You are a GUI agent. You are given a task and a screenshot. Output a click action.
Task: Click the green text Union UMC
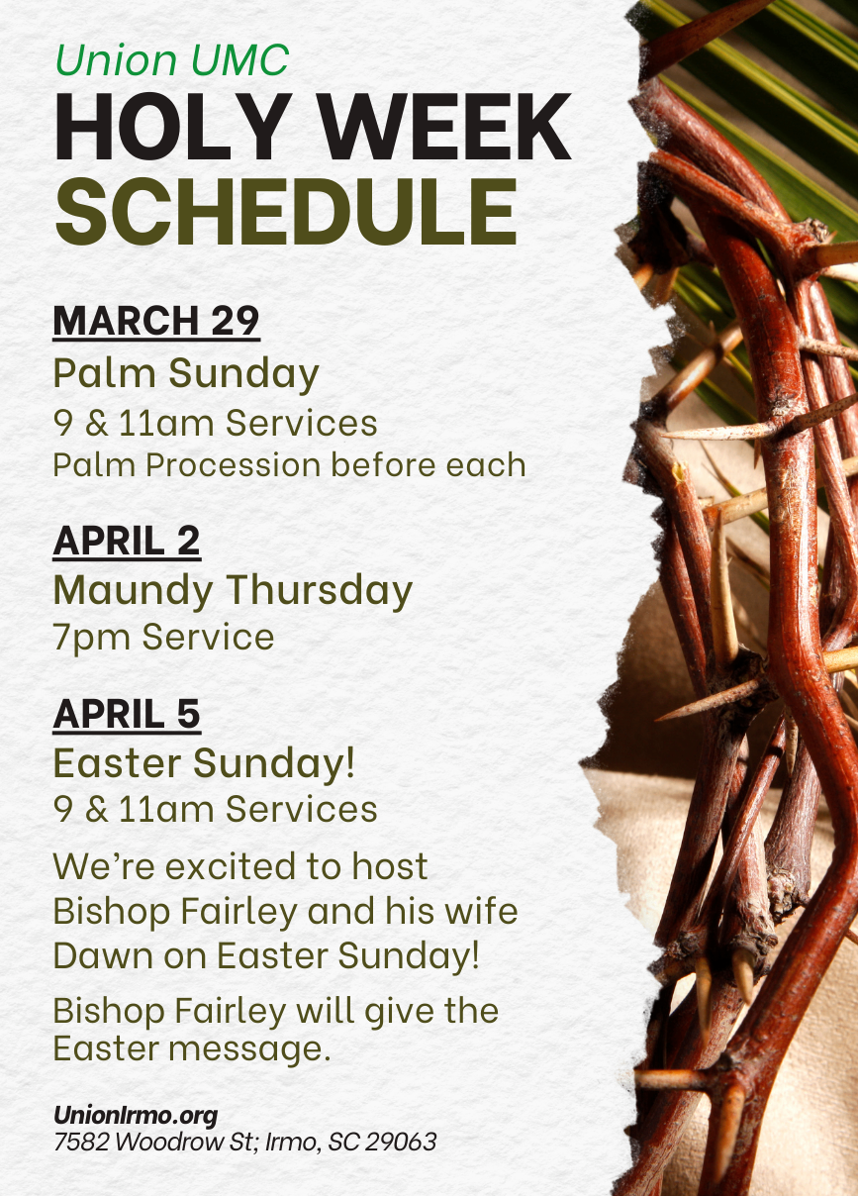172,59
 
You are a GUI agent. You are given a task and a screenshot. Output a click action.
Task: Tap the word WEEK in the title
445,127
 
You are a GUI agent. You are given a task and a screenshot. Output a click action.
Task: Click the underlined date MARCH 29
156,321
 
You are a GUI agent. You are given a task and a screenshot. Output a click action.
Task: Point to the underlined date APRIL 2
127,541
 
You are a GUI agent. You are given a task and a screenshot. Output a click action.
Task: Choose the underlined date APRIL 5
127,714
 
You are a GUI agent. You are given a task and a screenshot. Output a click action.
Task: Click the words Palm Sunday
186,373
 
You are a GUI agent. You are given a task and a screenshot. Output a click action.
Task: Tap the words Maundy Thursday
234,591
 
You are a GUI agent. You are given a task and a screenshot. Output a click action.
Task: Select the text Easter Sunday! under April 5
204,763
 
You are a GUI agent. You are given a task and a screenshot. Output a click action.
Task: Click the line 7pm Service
164,638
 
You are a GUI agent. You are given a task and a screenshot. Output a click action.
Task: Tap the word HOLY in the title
173,127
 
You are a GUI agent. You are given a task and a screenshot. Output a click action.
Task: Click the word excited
231,866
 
